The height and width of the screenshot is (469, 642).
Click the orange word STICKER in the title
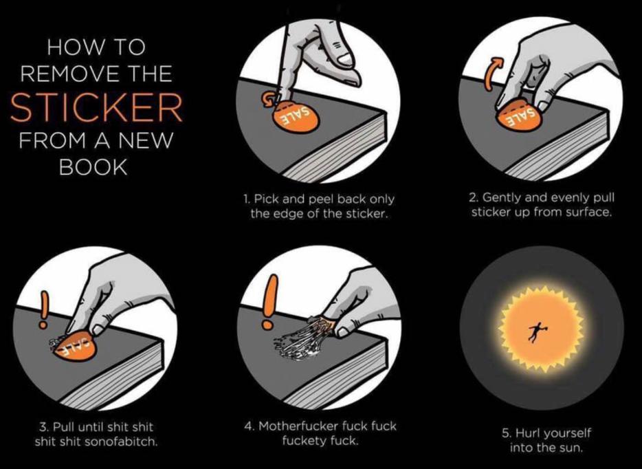pyautogui.click(x=96, y=107)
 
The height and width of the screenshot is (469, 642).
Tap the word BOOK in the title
pyautogui.click(x=93, y=166)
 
